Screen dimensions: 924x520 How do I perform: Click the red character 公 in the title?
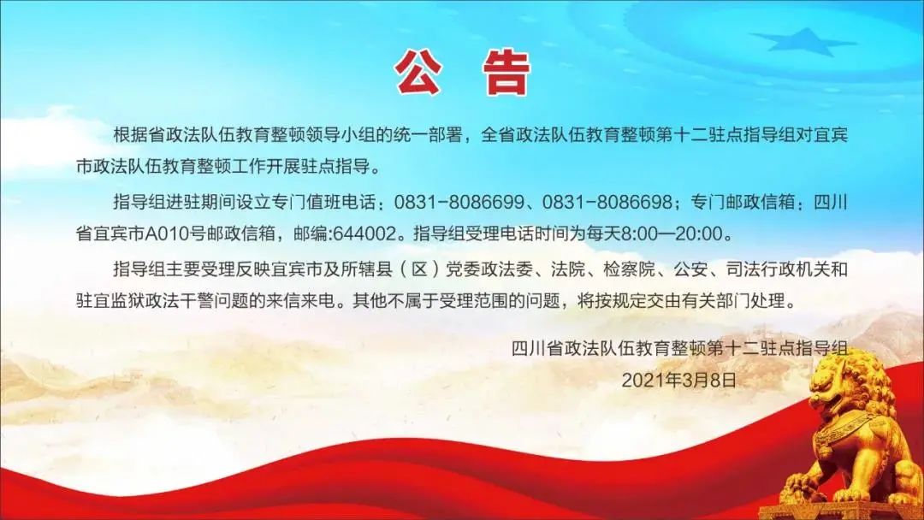(x=418, y=73)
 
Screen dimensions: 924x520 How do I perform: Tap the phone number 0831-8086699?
(x=459, y=203)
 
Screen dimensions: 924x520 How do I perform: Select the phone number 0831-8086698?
(x=607, y=203)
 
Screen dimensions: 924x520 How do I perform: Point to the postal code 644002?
(x=364, y=234)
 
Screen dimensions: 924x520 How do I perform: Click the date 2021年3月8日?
(x=678, y=380)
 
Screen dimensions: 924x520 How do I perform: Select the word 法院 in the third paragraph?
(x=568, y=269)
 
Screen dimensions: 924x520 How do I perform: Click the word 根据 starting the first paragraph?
(x=130, y=135)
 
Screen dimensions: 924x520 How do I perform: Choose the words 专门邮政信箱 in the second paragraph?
(x=743, y=203)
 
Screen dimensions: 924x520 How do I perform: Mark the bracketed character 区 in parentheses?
(x=418, y=269)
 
